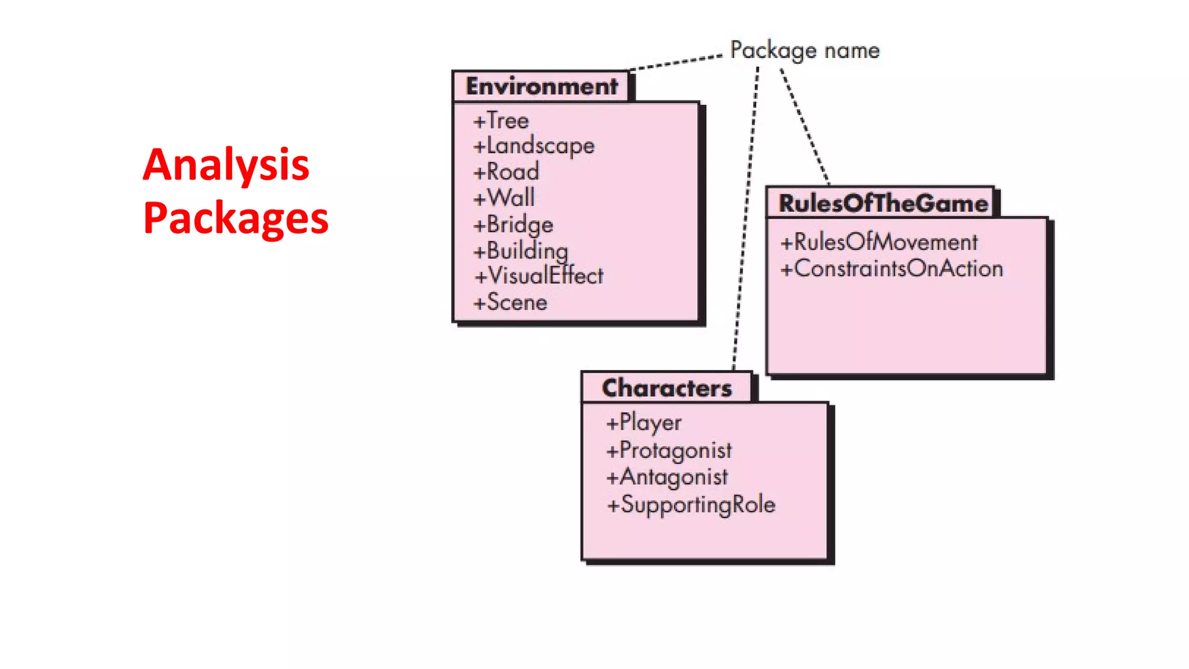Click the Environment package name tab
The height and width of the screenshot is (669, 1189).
(541, 87)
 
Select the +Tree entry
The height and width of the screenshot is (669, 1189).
(501, 121)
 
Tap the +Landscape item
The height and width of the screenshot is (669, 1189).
(534, 146)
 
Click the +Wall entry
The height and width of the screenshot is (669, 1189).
(504, 198)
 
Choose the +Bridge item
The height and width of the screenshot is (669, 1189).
(513, 225)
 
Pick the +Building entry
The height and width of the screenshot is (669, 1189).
(521, 251)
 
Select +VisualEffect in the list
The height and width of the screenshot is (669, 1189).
(539, 276)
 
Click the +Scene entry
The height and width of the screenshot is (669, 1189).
(510, 303)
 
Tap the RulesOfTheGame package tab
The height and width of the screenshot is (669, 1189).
(882, 203)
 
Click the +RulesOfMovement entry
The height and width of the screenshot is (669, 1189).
(879, 242)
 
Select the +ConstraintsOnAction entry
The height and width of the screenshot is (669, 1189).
(892, 269)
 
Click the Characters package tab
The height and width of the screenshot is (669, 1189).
(666, 388)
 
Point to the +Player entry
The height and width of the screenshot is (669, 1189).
(643, 422)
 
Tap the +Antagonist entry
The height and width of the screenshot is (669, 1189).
(666, 477)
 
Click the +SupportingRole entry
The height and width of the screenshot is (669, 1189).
(691, 505)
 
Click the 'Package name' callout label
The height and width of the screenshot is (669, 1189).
(805, 51)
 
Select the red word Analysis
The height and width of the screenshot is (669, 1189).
(226, 165)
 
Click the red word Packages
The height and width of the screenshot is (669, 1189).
(236, 218)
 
